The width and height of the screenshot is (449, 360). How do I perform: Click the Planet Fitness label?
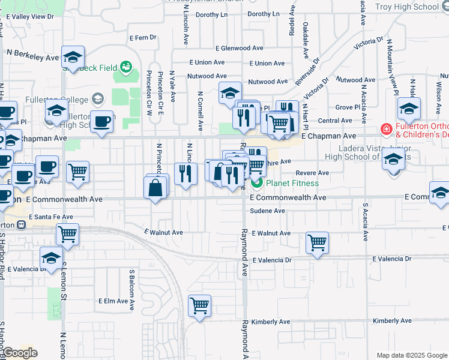[292, 183]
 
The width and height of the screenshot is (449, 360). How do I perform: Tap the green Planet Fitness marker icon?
[257, 182]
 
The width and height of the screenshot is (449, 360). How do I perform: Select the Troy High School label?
[406, 7]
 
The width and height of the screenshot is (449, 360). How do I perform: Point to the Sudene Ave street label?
[267, 211]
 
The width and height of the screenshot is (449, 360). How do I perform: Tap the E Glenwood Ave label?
[240, 48]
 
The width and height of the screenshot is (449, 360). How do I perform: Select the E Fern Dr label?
[143, 37]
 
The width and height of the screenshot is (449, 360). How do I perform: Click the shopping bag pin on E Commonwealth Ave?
[156, 188]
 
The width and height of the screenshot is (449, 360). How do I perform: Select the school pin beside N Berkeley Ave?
[73, 57]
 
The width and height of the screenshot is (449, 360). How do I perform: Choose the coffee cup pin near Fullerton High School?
[102, 122]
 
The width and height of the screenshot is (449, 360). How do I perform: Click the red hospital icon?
[385, 129]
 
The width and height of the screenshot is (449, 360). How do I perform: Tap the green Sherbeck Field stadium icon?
[126, 66]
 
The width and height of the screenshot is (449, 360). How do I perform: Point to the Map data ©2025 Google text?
[412, 355]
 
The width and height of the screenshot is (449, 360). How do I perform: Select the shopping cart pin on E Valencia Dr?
[316, 243]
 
